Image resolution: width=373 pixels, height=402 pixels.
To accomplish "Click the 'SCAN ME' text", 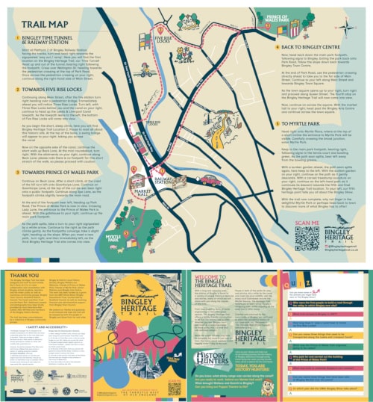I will tap(307, 223).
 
